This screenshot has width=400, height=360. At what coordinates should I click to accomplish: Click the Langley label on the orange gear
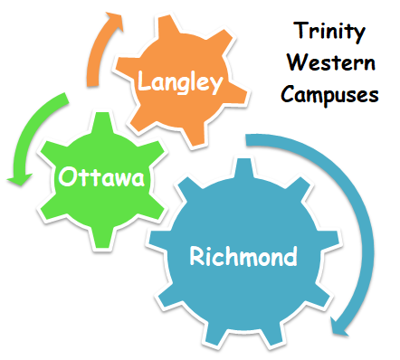[179, 83]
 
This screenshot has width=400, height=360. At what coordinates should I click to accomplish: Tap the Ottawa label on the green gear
[100, 178]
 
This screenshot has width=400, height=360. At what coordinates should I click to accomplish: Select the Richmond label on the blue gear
[243, 257]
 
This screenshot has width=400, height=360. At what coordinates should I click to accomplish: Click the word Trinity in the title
[329, 34]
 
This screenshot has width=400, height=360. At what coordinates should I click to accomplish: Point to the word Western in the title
[329, 65]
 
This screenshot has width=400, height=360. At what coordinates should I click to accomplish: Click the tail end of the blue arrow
[250, 139]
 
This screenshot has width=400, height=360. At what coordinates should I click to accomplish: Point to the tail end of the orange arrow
[93, 84]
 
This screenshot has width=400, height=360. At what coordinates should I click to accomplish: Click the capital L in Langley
[143, 82]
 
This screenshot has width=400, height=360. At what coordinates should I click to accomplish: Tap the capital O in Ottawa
[67, 178]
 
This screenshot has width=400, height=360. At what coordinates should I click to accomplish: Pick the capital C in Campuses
[287, 94]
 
